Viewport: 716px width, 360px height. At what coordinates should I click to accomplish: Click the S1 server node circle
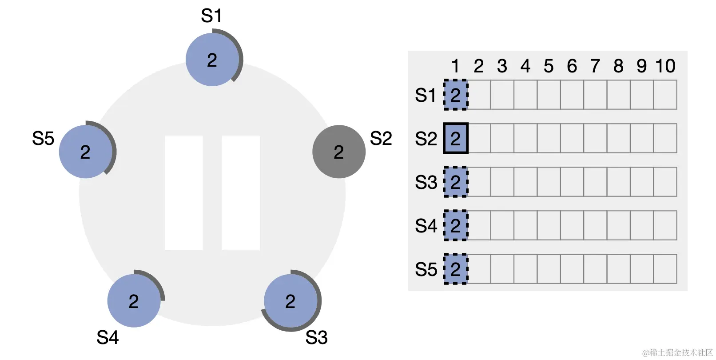tap(212, 60)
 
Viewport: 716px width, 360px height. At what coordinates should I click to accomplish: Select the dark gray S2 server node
tap(338, 152)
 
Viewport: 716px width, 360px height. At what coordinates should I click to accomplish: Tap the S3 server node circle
tap(290, 301)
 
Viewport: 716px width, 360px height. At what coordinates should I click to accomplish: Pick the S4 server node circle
tap(134, 301)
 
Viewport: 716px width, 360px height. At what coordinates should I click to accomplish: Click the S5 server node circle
tap(85, 152)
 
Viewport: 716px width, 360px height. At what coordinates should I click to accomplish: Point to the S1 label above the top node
tap(211, 16)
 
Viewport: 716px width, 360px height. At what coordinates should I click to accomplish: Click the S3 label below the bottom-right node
tap(316, 338)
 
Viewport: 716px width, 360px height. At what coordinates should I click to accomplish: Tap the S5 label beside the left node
tap(43, 139)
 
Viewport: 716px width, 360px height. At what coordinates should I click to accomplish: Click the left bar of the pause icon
tap(183, 192)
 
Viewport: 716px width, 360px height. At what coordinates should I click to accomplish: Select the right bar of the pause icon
tap(241, 192)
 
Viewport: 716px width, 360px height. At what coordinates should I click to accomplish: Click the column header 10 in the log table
tap(665, 66)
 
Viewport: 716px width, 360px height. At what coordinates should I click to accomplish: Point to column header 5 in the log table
tap(549, 66)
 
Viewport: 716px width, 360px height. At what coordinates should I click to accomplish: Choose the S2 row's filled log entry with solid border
tap(456, 139)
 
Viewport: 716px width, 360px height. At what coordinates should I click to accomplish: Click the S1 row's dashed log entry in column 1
tap(456, 95)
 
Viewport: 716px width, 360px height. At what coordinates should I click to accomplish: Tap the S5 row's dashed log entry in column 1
tap(456, 269)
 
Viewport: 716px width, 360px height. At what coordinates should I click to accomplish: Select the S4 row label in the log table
tap(426, 226)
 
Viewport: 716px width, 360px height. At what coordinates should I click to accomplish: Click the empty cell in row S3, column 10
tap(665, 182)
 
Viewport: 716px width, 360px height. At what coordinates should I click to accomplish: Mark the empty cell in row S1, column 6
tap(572, 95)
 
